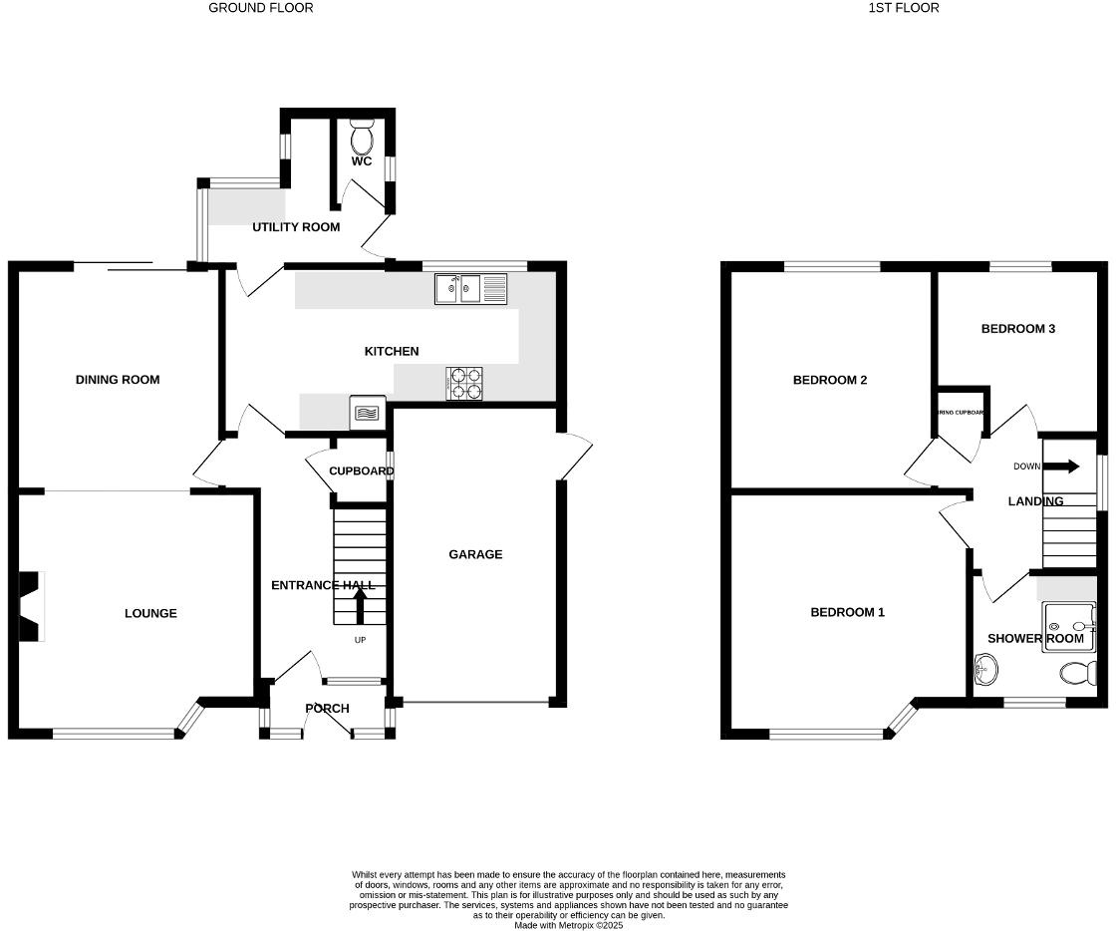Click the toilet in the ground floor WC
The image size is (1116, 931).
(x=363, y=135)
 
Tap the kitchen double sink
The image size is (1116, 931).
(x=470, y=289)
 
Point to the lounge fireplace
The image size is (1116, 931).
(x=29, y=606)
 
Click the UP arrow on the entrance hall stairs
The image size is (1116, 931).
(x=360, y=604)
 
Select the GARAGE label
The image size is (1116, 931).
(x=475, y=554)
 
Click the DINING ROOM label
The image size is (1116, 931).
(x=118, y=380)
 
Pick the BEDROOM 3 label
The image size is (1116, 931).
(x=1017, y=329)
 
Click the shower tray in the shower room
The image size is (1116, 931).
(x=1068, y=629)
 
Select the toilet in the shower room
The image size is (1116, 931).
(x=1078, y=674)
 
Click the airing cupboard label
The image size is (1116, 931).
(x=961, y=412)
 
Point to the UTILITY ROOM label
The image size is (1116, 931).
(x=296, y=227)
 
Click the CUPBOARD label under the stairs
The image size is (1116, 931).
(x=357, y=471)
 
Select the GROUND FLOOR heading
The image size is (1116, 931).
(x=260, y=8)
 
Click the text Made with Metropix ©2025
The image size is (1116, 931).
(x=569, y=925)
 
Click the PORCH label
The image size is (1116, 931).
(x=327, y=709)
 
